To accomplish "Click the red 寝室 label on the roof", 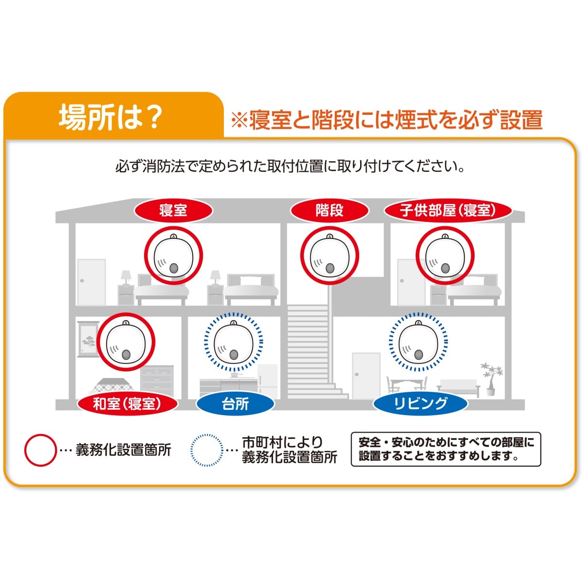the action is point(173,210).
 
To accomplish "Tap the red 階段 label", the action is point(329,210).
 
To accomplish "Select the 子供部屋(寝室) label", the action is point(448,210).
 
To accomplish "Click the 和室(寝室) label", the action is point(128,404).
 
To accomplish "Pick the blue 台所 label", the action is point(236,404).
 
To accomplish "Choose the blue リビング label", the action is point(420,404).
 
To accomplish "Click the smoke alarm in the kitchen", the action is point(234,342).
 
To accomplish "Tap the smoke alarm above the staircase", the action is point(330,255).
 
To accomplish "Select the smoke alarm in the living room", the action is point(418,342).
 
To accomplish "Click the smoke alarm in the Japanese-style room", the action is point(126,342).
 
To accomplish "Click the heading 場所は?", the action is point(109,118).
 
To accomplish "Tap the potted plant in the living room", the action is point(490,379).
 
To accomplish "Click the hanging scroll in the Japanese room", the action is point(88,339).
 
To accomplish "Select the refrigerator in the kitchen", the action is point(267,381).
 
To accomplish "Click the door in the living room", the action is point(366,376).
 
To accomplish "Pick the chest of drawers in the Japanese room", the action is point(157,381).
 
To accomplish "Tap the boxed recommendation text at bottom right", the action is point(446,450).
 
